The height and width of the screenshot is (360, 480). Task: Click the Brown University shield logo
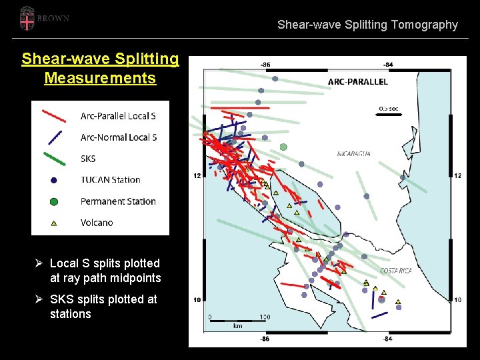[x=26, y=18]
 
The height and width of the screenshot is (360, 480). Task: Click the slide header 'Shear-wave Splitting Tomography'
[x=367, y=25]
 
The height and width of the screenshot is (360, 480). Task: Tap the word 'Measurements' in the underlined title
[x=100, y=78]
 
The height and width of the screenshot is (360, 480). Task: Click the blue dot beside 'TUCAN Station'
[x=54, y=180]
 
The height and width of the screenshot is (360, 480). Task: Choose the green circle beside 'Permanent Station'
[x=54, y=201]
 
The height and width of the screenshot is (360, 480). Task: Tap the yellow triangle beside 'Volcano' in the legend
[x=54, y=223]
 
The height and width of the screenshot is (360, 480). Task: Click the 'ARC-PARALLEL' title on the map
[x=357, y=82]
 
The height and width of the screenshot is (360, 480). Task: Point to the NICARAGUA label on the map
[x=354, y=153]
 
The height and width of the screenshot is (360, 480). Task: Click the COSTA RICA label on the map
[x=396, y=271]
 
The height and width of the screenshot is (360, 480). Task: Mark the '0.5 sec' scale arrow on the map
[x=389, y=114]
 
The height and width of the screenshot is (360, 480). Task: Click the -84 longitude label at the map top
[x=388, y=64]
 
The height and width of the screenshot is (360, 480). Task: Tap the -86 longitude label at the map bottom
[x=265, y=339]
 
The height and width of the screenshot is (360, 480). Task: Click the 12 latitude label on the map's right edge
[x=457, y=175]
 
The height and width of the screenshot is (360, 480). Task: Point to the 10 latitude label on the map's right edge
[x=457, y=300]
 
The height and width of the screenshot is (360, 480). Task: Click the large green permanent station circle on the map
[x=283, y=147]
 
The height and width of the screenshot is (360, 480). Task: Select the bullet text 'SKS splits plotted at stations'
[x=103, y=307]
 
